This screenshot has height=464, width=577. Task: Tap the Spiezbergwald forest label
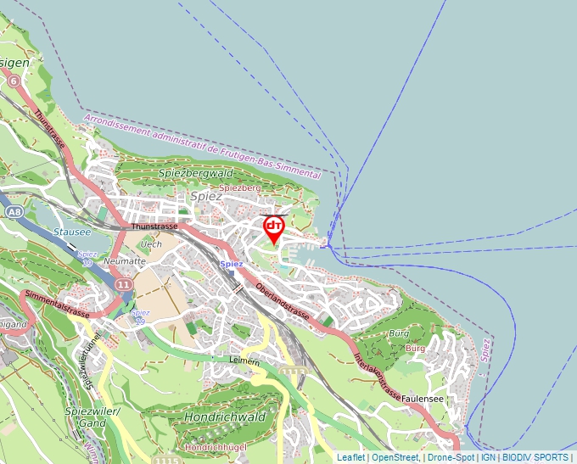click(196, 172)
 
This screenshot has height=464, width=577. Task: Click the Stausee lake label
click(71, 231)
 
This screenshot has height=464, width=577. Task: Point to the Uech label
click(151, 244)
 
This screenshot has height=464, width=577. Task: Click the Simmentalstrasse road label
click(57, 303)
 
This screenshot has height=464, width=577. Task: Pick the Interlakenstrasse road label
click(377, 366)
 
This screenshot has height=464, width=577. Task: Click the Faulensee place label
click(424, 398)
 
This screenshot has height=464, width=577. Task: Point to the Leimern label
click(245, 361)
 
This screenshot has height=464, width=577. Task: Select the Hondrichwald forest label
click(225, 416)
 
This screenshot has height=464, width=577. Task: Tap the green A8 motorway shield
click(13, 210)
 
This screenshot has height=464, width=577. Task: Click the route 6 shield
click(14, 79)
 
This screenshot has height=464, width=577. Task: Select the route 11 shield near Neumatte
click(125, 284)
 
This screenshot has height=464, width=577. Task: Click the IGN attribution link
click(489, 457)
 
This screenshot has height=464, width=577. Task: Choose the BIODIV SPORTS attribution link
click(535, 457)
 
